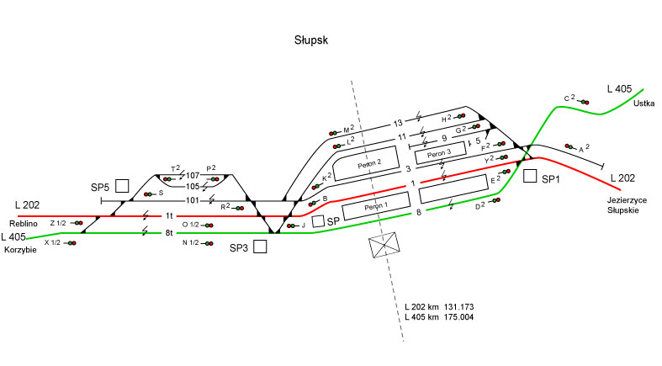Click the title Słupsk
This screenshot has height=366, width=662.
click(310, 40)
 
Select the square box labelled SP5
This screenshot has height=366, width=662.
click(122, 185)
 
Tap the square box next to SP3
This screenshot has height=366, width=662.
click(259, 247)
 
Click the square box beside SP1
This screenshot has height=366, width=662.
click(530, 176)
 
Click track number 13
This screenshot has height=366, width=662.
click(399, 124)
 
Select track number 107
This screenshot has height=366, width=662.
click(193, 175)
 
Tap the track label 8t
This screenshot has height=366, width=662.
click(168, 232)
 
